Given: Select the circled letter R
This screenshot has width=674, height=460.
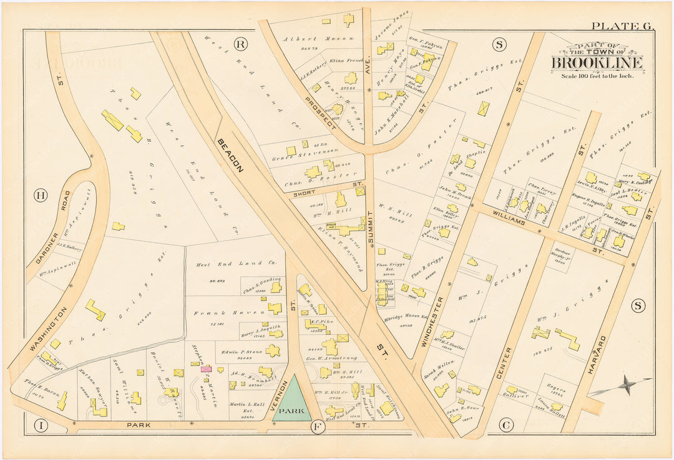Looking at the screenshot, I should [240, 43].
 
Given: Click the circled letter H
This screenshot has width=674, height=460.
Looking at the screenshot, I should [41, 196].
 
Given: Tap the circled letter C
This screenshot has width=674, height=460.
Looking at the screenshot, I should [506, 426].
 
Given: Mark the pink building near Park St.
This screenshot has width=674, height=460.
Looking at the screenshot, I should [205, 369].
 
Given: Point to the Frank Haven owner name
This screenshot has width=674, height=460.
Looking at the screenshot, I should [214, 313].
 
